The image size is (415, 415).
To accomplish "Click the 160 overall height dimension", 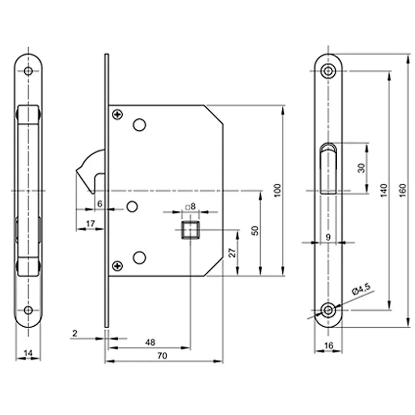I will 402,190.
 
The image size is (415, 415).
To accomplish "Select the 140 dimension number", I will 384,190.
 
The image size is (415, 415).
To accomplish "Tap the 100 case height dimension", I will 277,190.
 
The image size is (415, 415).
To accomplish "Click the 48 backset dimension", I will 150,342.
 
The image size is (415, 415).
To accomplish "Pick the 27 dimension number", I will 233,252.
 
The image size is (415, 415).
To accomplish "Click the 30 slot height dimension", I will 362,168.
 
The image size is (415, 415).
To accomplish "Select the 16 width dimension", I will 328,346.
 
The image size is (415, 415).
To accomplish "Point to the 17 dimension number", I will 90,224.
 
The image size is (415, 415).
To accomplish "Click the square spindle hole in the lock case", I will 190,230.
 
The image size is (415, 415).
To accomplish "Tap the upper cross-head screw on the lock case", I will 117,115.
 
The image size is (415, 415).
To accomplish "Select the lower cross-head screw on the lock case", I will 117,266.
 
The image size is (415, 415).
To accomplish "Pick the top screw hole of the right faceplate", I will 328,71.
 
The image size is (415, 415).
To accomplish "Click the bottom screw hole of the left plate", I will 28,310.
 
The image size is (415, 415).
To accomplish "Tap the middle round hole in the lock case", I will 132,206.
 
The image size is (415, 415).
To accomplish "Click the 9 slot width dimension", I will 328,237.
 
